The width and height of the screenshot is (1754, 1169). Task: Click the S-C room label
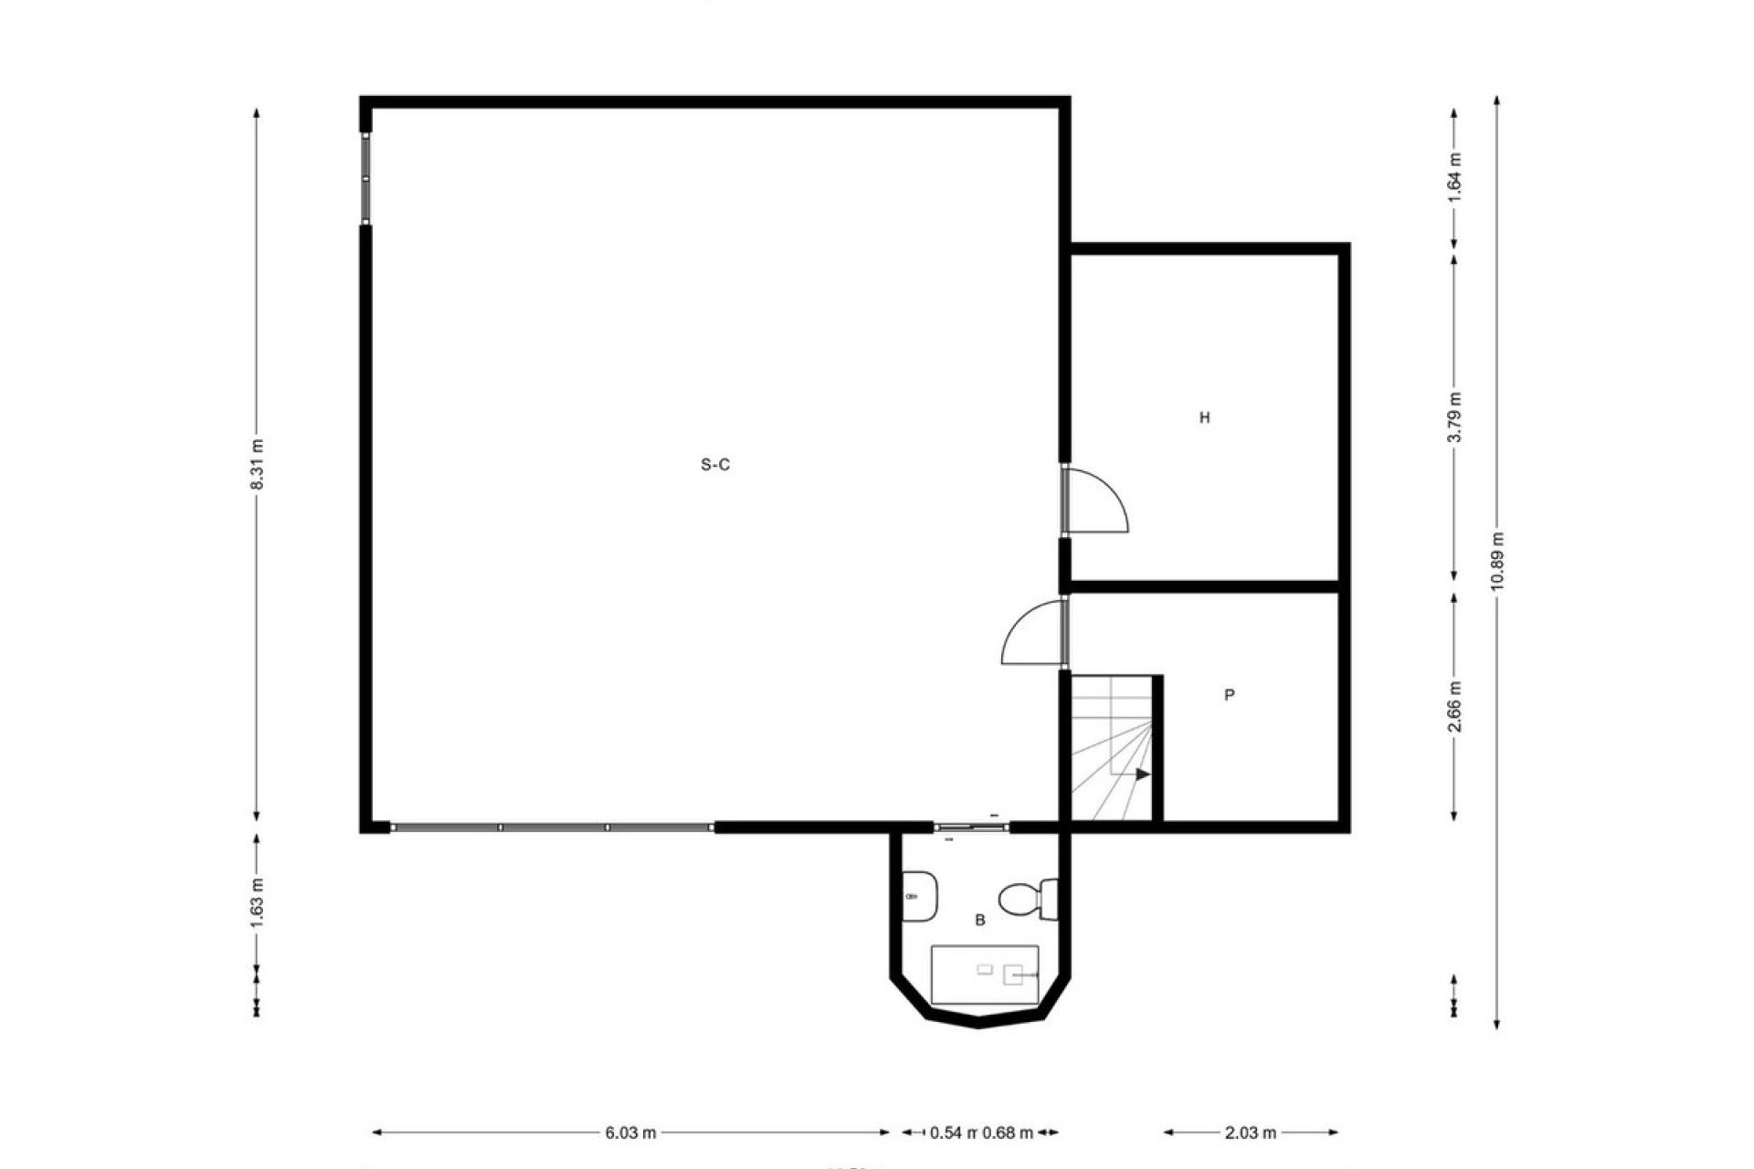coord(714,465)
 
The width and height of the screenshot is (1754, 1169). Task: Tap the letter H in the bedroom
coord(1204,418)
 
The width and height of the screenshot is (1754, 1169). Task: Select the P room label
coord(1229,695)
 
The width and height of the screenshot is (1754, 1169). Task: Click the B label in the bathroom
coord(979,921)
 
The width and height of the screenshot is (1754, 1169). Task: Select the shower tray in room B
coord(984,974)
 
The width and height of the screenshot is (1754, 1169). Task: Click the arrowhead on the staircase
coord(1142,774)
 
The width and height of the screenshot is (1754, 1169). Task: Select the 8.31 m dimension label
coord(258,465)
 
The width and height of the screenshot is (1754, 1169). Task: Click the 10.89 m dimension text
coord(1496,561)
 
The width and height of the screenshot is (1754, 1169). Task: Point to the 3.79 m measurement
coord(1454,417)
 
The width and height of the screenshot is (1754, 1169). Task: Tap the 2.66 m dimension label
coord(1454,706)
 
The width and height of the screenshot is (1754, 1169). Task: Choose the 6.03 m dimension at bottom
coord(630,1132)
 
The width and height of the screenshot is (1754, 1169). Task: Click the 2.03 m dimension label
coord(1250,1132)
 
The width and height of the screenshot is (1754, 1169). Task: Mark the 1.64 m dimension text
coord(1454,176)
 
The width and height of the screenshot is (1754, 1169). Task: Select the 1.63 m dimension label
coord(258,902)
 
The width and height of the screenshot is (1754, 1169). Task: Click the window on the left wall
coord(365,179)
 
